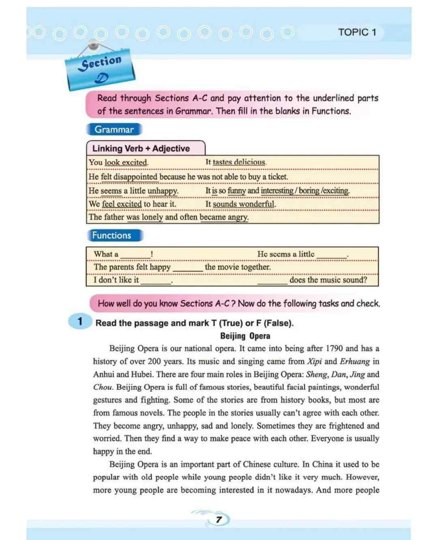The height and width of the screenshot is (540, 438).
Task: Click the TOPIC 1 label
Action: [357, 32]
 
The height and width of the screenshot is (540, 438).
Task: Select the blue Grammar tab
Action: [114, 130]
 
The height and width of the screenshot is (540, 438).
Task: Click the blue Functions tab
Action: [112, 235]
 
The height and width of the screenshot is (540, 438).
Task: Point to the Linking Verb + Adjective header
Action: [141, 148]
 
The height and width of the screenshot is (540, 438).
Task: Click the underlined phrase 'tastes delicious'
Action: [239, 162]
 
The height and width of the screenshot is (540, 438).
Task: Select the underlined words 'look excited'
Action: [126, 162]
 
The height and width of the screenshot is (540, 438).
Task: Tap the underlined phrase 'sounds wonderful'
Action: [244, 204]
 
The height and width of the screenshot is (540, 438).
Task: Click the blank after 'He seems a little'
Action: [331, 256]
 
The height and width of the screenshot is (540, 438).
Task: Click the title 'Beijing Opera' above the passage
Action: [245, 336]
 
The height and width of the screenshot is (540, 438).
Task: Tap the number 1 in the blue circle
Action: [80, 322]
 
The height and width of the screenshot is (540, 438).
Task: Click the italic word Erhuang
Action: [354, 361]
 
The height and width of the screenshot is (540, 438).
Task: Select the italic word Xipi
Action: [314, 361]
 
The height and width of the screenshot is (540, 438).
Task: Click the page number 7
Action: [219, 519]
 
